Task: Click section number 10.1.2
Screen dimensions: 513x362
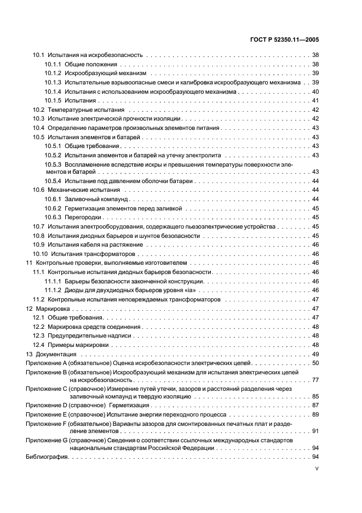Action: point(53,73)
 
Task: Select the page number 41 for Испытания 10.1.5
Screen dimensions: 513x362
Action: point(315,100)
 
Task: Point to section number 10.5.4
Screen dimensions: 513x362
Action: point(53,181)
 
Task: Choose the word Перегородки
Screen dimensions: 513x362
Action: point(82,217)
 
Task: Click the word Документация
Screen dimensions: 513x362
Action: point(54,354)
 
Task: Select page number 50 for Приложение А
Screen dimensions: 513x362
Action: point(315,363)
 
